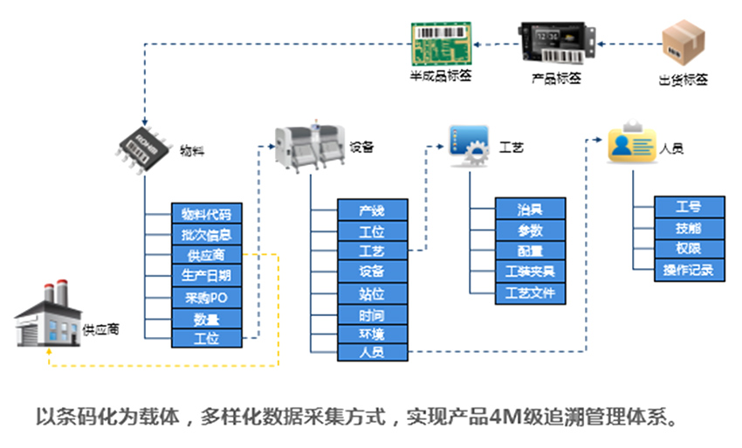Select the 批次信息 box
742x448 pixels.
click(206, 235)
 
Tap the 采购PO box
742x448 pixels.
click(206, 298)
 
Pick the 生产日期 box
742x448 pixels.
click(206, 277)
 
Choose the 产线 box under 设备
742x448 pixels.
click(372, 210)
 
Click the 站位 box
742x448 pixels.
click(372, 293)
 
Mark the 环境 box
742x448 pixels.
click(372, 334)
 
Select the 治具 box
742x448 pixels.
click(530, 209)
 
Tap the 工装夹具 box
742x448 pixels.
click(530, 272)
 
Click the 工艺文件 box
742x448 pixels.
click(530, 293)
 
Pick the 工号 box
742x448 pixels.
click(689, 208)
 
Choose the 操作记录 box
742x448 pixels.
click(689, 270)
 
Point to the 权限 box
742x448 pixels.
click(689, 249)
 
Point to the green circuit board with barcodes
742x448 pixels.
click(441, 41)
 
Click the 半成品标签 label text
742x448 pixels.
click(441, 77)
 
